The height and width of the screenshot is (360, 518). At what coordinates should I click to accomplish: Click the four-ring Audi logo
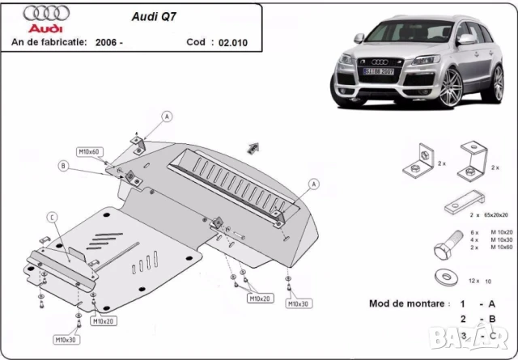pos(40,14)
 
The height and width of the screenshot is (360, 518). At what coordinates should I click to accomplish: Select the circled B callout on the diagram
pos(62,166)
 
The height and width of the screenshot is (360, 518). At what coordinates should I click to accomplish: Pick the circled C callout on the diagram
pos(51,216)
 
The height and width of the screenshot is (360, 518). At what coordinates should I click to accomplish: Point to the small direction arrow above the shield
pos(254,146)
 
